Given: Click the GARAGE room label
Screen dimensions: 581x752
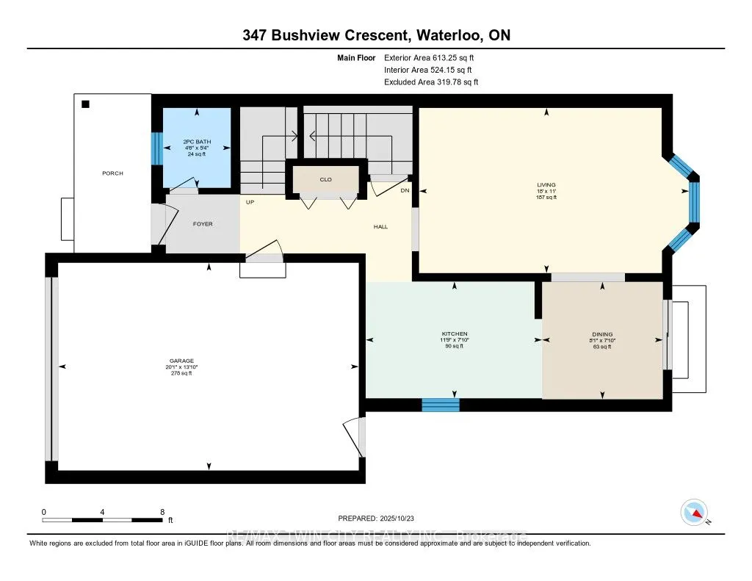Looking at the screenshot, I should pyautogui.click(x=181, y=361).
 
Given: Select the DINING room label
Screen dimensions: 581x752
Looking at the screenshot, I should pyautogui.click(x=602, y=334).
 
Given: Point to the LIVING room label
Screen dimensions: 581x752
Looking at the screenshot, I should pyautogui.click(x=546, y=185).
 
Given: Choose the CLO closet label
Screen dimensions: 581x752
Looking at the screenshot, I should pyautogui.click(x=326, y=178).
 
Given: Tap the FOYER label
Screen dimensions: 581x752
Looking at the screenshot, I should pyautogui.click(x=203, y=224).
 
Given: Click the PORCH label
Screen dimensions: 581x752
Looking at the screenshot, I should pyautogui.click(x=112, y=173).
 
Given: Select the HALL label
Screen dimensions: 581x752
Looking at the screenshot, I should pyautogui.click(x=380, y=227).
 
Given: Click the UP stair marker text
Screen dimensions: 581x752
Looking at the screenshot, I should pyautogui.click(x=250, y=202).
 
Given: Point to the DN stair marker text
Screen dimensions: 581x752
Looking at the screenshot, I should pyautogui.click(x=404, y=191).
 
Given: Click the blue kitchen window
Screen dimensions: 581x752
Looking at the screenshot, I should pyautogui.click(x=441, y=405).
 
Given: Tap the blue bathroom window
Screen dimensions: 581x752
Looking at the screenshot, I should pyautogui.click(x=155, y=149).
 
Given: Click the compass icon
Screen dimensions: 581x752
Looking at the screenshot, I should pyautogui.click(x=693, y=512).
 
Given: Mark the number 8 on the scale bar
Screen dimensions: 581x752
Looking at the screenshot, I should pyautogui.click(x=162, y=511).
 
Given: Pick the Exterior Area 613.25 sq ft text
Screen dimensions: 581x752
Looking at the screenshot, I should pyautogui.click(x=434, y=57).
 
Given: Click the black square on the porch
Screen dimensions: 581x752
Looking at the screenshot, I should pyautogui.click(x=86, y=105).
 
